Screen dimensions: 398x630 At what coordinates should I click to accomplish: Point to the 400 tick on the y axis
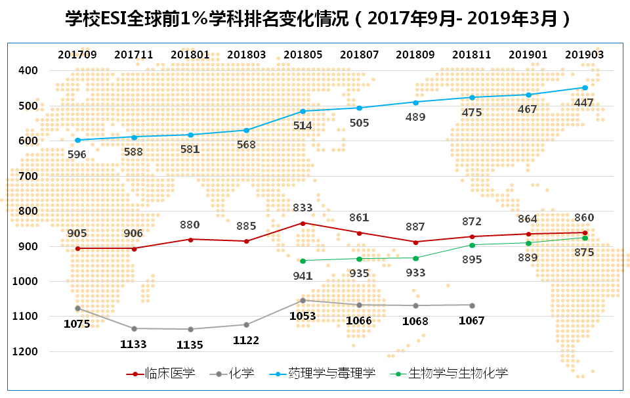click(x=28, y=70)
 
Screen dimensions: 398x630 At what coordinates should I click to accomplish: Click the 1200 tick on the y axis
click(x=26, y=351)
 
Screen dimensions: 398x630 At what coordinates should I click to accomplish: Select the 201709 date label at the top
click(x=77, y=55)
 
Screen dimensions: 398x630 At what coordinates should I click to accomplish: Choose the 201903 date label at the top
click(x=584, y=55)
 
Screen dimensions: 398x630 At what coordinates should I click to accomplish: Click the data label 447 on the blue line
click(x=583, y=103)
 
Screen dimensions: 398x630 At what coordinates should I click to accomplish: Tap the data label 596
click(x=77, y=154)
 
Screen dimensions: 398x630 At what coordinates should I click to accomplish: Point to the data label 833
click(x=303, y=208)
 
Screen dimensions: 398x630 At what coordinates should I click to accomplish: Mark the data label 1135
click(x=190, y=344)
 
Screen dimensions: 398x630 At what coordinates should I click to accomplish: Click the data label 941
click(x=303, y=276)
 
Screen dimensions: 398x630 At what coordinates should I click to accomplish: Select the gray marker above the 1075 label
click(x=77, y=308)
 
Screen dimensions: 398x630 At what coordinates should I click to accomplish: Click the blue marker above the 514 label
click(x=303, y=111)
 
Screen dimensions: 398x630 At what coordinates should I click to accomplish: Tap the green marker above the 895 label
click(x=472, y=245)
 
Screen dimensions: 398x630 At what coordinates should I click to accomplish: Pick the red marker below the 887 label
click(x=415, y=242)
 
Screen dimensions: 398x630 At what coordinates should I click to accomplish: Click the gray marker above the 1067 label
click(x=472, y=305)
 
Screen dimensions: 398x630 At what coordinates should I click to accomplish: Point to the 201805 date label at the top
click(x=303, y=55)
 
